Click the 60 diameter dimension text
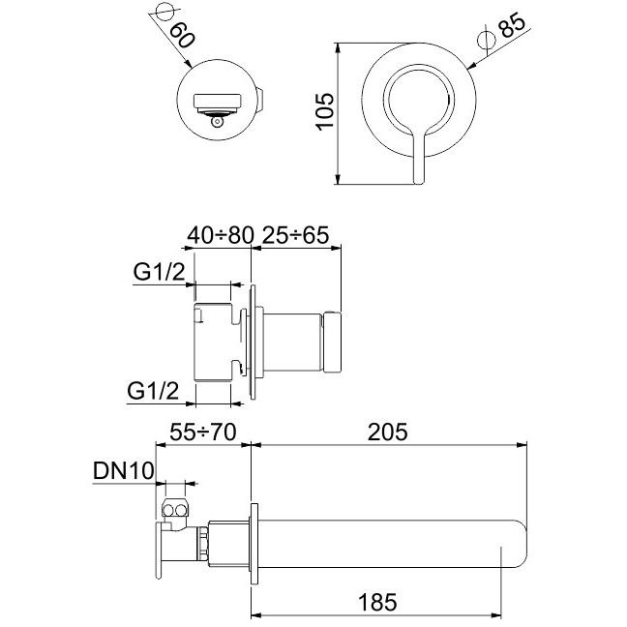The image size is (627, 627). click(183, 35)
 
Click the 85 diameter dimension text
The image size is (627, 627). click(513, 25)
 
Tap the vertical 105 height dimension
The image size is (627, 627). click(325, 111)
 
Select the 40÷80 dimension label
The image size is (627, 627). click(221, 235)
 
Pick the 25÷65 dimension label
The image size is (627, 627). click(295, 235)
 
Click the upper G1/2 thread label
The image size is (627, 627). click(159, 272)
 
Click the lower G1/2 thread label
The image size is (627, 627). click(153, 391)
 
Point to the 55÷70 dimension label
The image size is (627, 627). click(203, 433)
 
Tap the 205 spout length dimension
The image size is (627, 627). click(387, 433)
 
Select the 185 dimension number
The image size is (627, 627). click(377, 603)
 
